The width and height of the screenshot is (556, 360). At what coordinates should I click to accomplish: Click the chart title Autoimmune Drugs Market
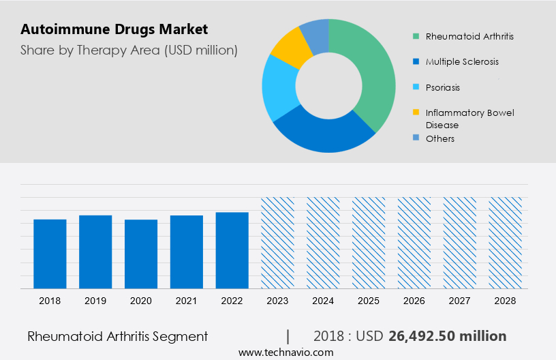coord(114,29)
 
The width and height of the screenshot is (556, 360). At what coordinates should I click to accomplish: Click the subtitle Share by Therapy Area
coord(129,50)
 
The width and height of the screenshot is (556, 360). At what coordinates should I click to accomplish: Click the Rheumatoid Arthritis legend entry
coord(463,35)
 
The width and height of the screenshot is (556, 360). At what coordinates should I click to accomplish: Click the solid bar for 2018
coord(50,254)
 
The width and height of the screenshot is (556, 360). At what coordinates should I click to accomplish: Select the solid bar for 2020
coord(141,254)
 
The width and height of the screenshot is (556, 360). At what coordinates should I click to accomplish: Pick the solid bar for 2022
coord(232,250)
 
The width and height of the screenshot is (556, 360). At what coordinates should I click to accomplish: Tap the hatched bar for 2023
coord(277,243)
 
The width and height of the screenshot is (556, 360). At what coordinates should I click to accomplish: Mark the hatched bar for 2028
coord(506,243)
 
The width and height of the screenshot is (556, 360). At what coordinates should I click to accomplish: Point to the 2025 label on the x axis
coord(369,301)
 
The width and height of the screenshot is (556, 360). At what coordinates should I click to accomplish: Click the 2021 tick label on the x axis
coord(187,301)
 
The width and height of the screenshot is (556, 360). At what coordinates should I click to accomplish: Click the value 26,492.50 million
coord(447,336)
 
